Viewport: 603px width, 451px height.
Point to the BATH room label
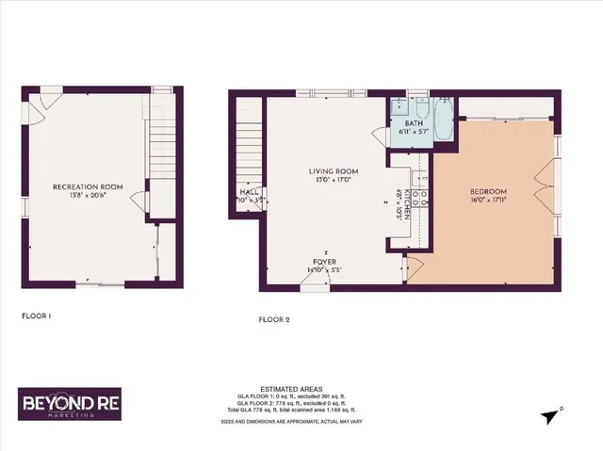point(415,123)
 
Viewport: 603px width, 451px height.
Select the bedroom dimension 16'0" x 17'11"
point(490,200)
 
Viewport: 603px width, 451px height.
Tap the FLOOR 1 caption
point(36,316)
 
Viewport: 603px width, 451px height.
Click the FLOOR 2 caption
point(274,320)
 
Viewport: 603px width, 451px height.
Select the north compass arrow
point(555,411)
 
